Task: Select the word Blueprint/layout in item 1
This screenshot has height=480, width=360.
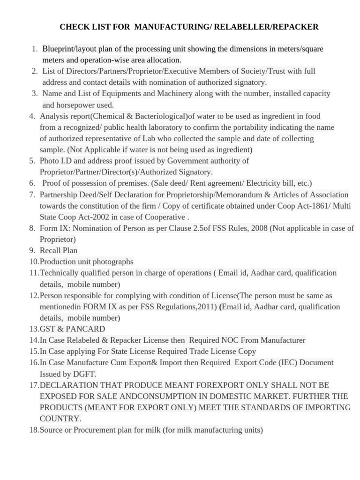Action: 72,49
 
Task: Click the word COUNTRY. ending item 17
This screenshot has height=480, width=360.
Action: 60,419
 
